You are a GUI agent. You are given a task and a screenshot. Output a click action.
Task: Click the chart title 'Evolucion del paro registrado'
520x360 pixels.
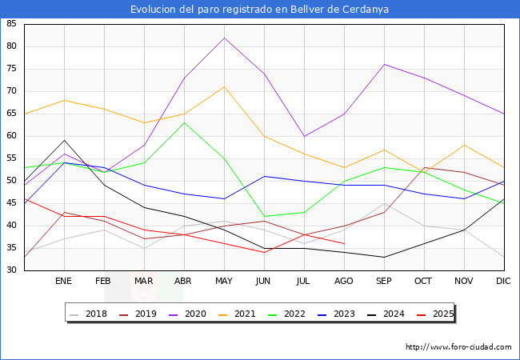click(202, 10)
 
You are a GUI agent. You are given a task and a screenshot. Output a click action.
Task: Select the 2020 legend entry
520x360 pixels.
click(188, 314)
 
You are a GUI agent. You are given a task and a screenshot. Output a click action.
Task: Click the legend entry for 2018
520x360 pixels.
click(89, 314)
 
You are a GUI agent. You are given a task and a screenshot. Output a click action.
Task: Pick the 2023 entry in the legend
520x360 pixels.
click(336, 314)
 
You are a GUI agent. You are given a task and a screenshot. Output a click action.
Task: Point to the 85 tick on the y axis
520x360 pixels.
click(11, 23)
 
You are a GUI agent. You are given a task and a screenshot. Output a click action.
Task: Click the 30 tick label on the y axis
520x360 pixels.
click(11, 270)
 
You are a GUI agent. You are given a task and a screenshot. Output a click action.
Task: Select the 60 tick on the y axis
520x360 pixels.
click(11, 135)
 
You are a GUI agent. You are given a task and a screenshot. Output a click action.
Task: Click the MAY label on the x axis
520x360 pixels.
click(224, 281)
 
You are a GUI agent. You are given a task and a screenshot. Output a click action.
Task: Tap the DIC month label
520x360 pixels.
click(503, 281)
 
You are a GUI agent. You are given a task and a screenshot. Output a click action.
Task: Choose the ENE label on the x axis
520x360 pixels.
click(63, 281)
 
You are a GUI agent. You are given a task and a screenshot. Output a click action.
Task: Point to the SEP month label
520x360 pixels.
click(384, 281)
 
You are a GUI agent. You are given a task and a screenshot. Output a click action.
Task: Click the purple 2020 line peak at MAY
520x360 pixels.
click(225, 38)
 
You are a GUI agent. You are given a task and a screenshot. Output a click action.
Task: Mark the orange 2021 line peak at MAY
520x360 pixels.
click(225, 87)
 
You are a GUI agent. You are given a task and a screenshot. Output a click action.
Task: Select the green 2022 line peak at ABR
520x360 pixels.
click(184, 122)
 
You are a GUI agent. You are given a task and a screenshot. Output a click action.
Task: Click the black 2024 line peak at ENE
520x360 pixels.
click(64, 140)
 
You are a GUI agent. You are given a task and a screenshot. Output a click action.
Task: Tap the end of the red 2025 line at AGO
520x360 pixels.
click(345, 244)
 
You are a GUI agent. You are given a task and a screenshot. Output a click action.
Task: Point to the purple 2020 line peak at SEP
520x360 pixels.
click(384, 64)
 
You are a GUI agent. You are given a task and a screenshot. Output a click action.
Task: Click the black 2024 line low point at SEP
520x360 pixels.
click(384, 258)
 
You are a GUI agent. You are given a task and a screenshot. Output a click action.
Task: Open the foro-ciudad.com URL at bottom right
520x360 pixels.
click(458, 347)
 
